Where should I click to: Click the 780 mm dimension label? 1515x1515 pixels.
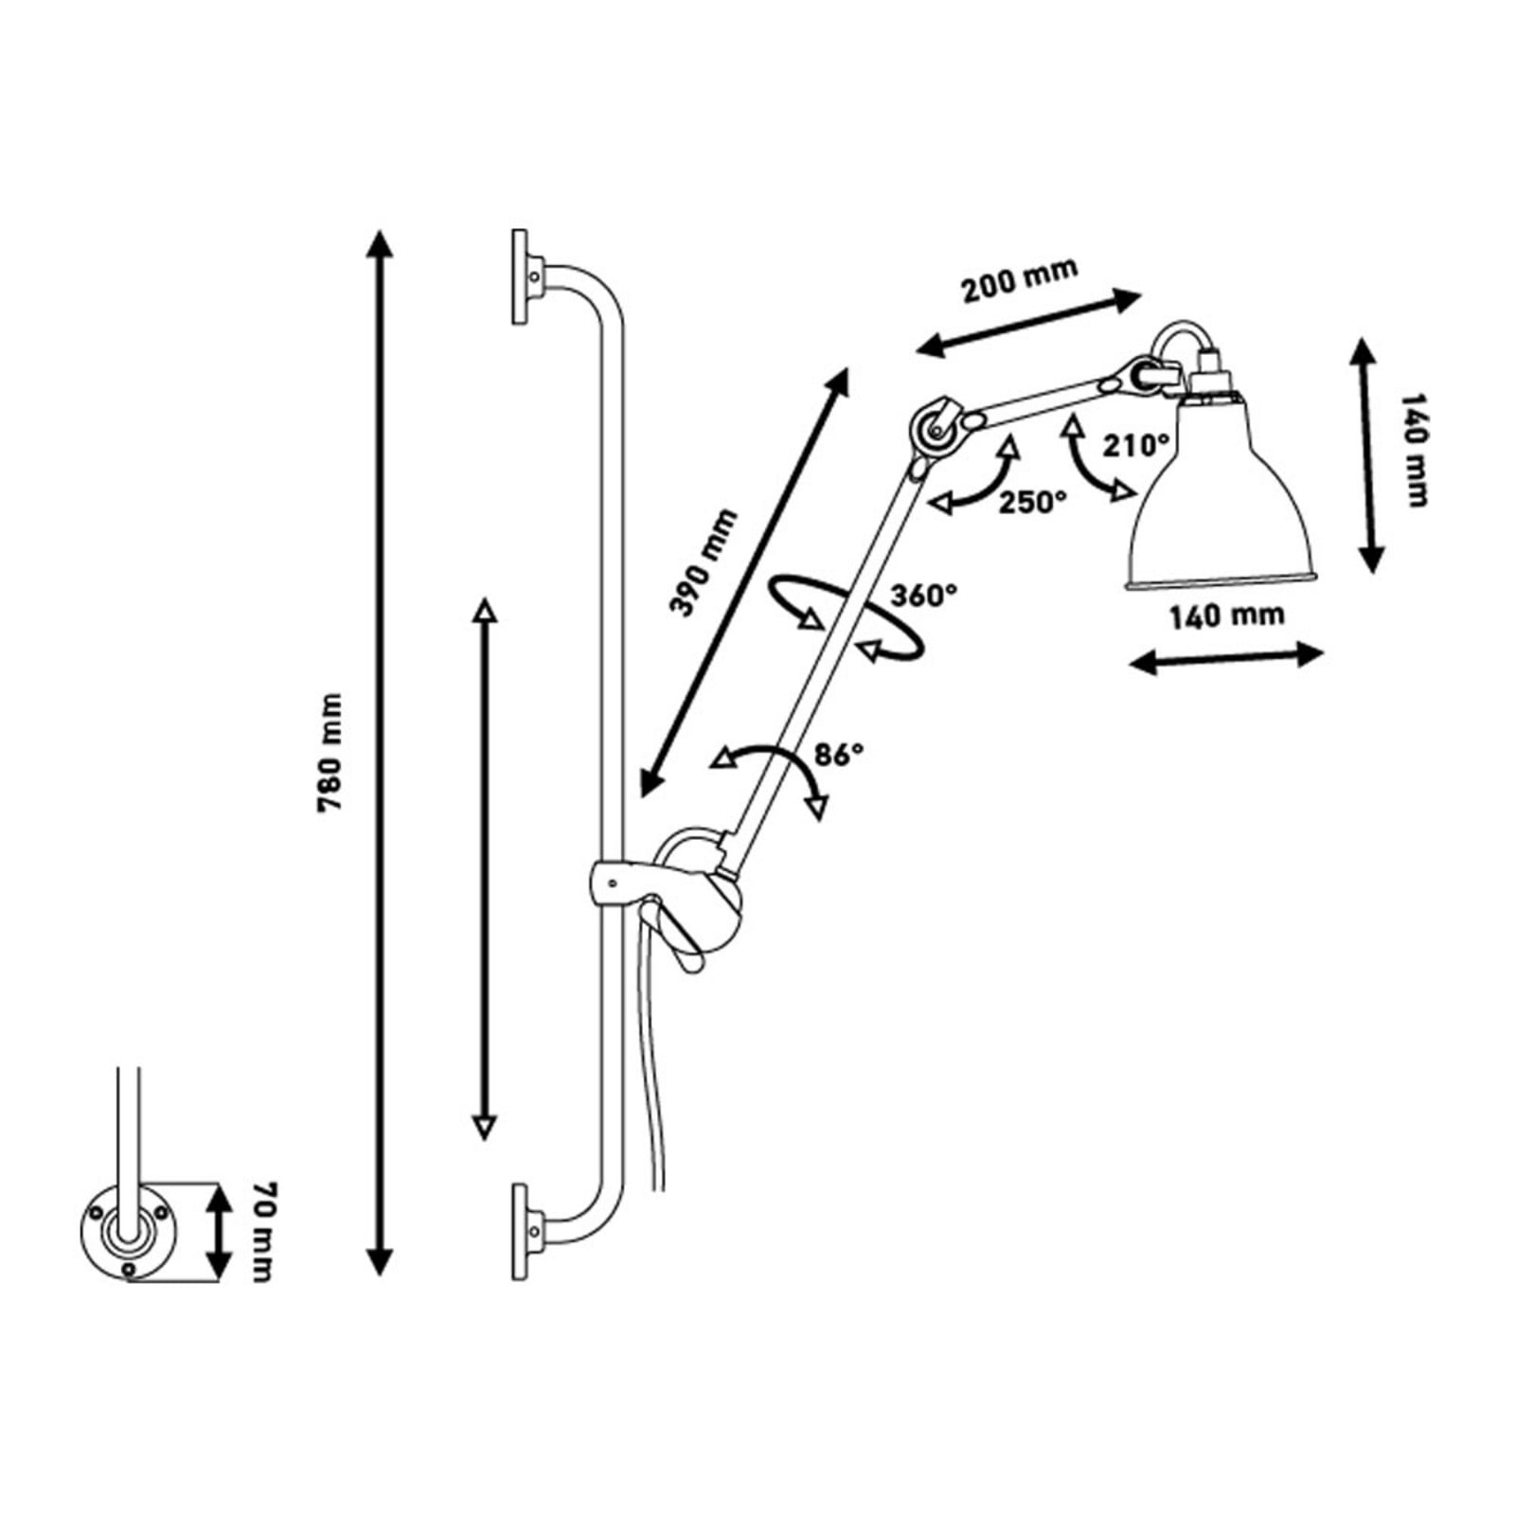coord(330,753)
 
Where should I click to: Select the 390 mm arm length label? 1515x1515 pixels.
coord(703,562)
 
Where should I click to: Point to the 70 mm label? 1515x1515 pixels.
coord(262,1231)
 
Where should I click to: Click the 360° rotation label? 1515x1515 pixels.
coord(923,596)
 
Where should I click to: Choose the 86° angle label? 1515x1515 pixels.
coord(839,754)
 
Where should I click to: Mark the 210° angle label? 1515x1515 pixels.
coord(1135,444)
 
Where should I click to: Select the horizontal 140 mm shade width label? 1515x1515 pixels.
coord(1226,616)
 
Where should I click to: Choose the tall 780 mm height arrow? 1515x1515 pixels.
coord(380,753)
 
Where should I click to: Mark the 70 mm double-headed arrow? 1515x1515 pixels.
coord(219,1231)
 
